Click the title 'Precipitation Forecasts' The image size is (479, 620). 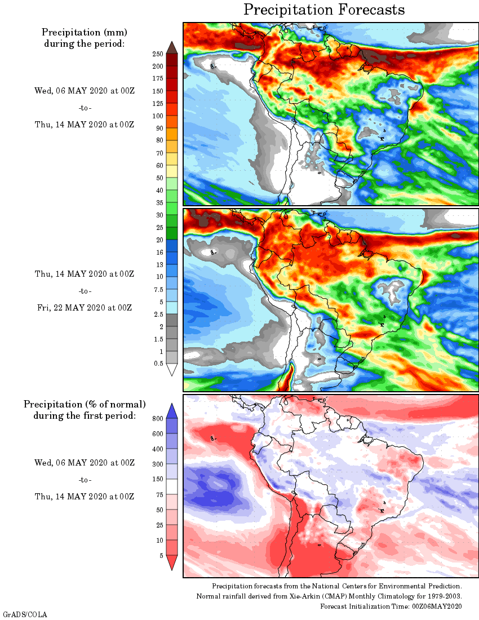pos(324,10)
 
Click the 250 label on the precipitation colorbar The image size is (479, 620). pos(158,54)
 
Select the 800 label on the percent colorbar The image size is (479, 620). pos(158,419)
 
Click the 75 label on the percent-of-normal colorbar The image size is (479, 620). pos(159,494)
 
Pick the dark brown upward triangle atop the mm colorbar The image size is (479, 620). pos(172,47)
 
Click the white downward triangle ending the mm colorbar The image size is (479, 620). pos(172,370)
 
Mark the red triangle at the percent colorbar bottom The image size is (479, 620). pos(172,563)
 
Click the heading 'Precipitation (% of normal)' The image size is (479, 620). pos(85,404)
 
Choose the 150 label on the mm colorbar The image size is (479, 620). pos(158,91)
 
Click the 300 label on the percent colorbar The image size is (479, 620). pos(158,464)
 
